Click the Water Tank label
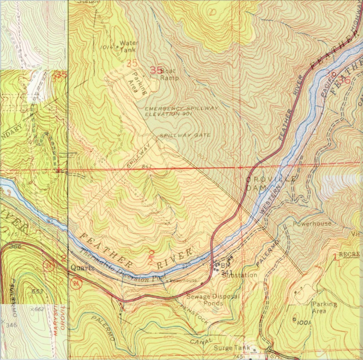point(127,46)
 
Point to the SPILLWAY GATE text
point(185,135)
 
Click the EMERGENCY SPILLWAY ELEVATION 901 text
point(182,111)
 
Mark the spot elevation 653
point(38,292)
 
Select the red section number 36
point(344,80)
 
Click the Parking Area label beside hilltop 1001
point(324,307)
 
